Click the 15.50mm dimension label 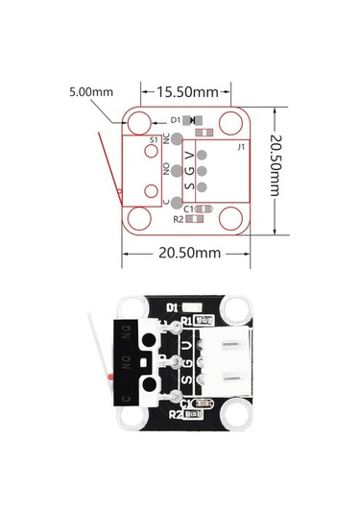186,93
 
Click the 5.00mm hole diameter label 91,92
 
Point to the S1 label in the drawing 154,140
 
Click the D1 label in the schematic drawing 176,120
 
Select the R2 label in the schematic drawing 178,219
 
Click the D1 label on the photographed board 173,307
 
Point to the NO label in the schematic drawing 167,169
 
